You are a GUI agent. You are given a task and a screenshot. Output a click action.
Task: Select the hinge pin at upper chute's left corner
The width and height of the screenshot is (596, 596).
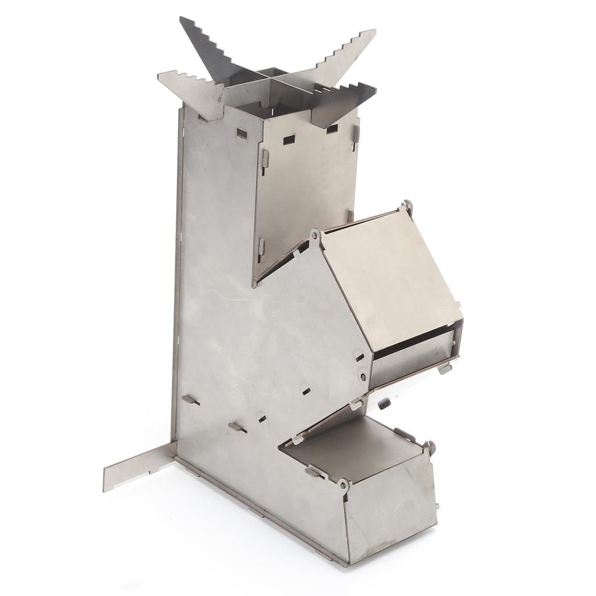pos(314,235)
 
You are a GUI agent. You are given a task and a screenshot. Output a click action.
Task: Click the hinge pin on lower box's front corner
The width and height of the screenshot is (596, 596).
pos(343,484)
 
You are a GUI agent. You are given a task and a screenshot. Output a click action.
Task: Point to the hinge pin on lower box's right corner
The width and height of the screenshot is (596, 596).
pos(431,446)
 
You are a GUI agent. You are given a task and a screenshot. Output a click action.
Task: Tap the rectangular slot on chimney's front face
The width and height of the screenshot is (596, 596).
pos(289,140)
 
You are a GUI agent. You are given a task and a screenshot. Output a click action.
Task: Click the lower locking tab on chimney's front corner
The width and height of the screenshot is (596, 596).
pos(261,247)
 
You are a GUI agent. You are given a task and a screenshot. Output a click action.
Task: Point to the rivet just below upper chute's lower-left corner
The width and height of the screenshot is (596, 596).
pos(364,377)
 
